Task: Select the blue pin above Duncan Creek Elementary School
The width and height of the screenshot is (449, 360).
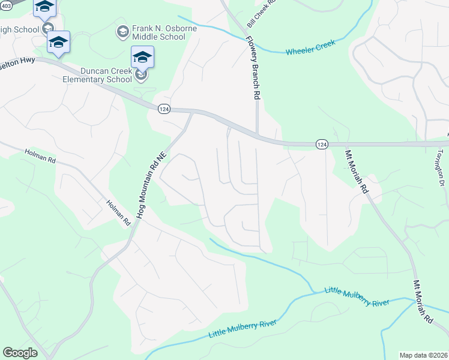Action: click(142, 57)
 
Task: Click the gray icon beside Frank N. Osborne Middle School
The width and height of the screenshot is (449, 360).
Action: click(122, 31)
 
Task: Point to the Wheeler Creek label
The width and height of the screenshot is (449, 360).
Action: click(310, 48)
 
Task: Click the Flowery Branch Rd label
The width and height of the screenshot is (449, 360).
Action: click(253, 66)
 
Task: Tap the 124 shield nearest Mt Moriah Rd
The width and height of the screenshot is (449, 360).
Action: click(322, 144)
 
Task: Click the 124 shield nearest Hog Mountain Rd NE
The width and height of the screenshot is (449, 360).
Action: click(164, 109)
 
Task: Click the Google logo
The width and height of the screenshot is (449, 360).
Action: click(20, 353)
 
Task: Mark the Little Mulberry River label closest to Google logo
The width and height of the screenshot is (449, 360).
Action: click(243, 329)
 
